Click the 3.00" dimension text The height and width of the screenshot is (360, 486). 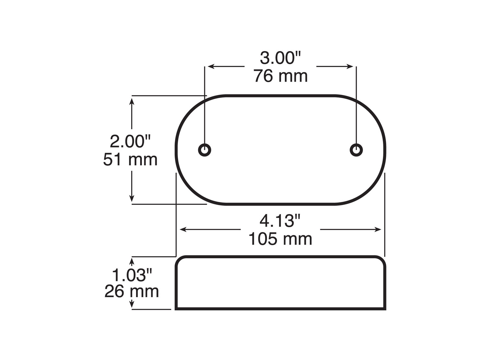pyautogui.click(x=280, y=58)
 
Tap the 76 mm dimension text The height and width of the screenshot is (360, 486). pyautogui.click(x=280, y=76)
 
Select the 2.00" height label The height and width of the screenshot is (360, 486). pyautogui.click(x=130, y=142)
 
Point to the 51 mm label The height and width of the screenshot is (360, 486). pyautogui.click(x=130, y=160)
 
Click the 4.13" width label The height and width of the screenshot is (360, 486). pyautogui.click(x=280, y=221)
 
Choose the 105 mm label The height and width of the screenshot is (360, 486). pyautogui.click(x=280, y=239)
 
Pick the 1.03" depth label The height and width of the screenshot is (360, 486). pyautogui.click(x=132, y=275)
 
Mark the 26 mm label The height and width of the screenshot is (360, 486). pyautogui.click(x=132, y=291)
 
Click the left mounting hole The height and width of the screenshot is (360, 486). pyautogui.click(x=204, y=150)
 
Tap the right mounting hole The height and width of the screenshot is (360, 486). pyautogui.click(x=356, y=150)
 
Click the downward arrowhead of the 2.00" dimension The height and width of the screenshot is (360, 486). pyautogui.click(x=132, y=198)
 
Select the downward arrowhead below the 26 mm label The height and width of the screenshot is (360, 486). pyautogui.click(x=132, y=305)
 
